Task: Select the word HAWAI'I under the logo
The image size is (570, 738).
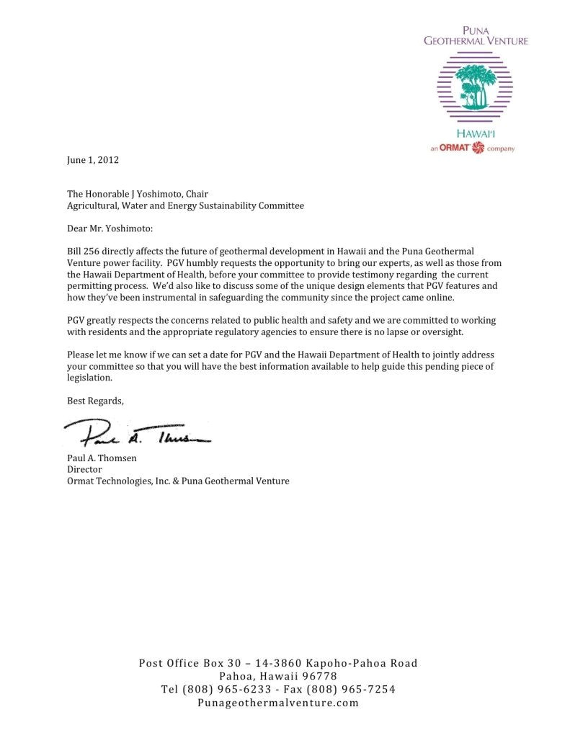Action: click(476, 134)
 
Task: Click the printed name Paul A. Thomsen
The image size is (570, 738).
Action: click(98, 458)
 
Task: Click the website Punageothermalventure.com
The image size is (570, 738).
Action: click(277, 703)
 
